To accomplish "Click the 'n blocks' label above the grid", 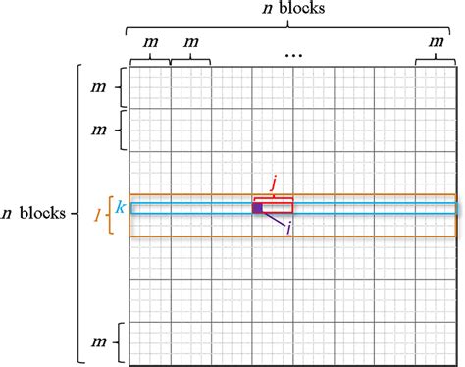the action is click(x=292, y=11).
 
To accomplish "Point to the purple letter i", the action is click(x=288, y=229).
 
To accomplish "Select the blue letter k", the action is click(x=119, y=207).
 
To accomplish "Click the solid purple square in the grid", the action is click(x=257, y=208).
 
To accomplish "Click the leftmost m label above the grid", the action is click(x=149, y=42).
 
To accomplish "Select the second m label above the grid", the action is click(x=190, y=42).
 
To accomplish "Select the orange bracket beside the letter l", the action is click(x=110, y=215).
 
